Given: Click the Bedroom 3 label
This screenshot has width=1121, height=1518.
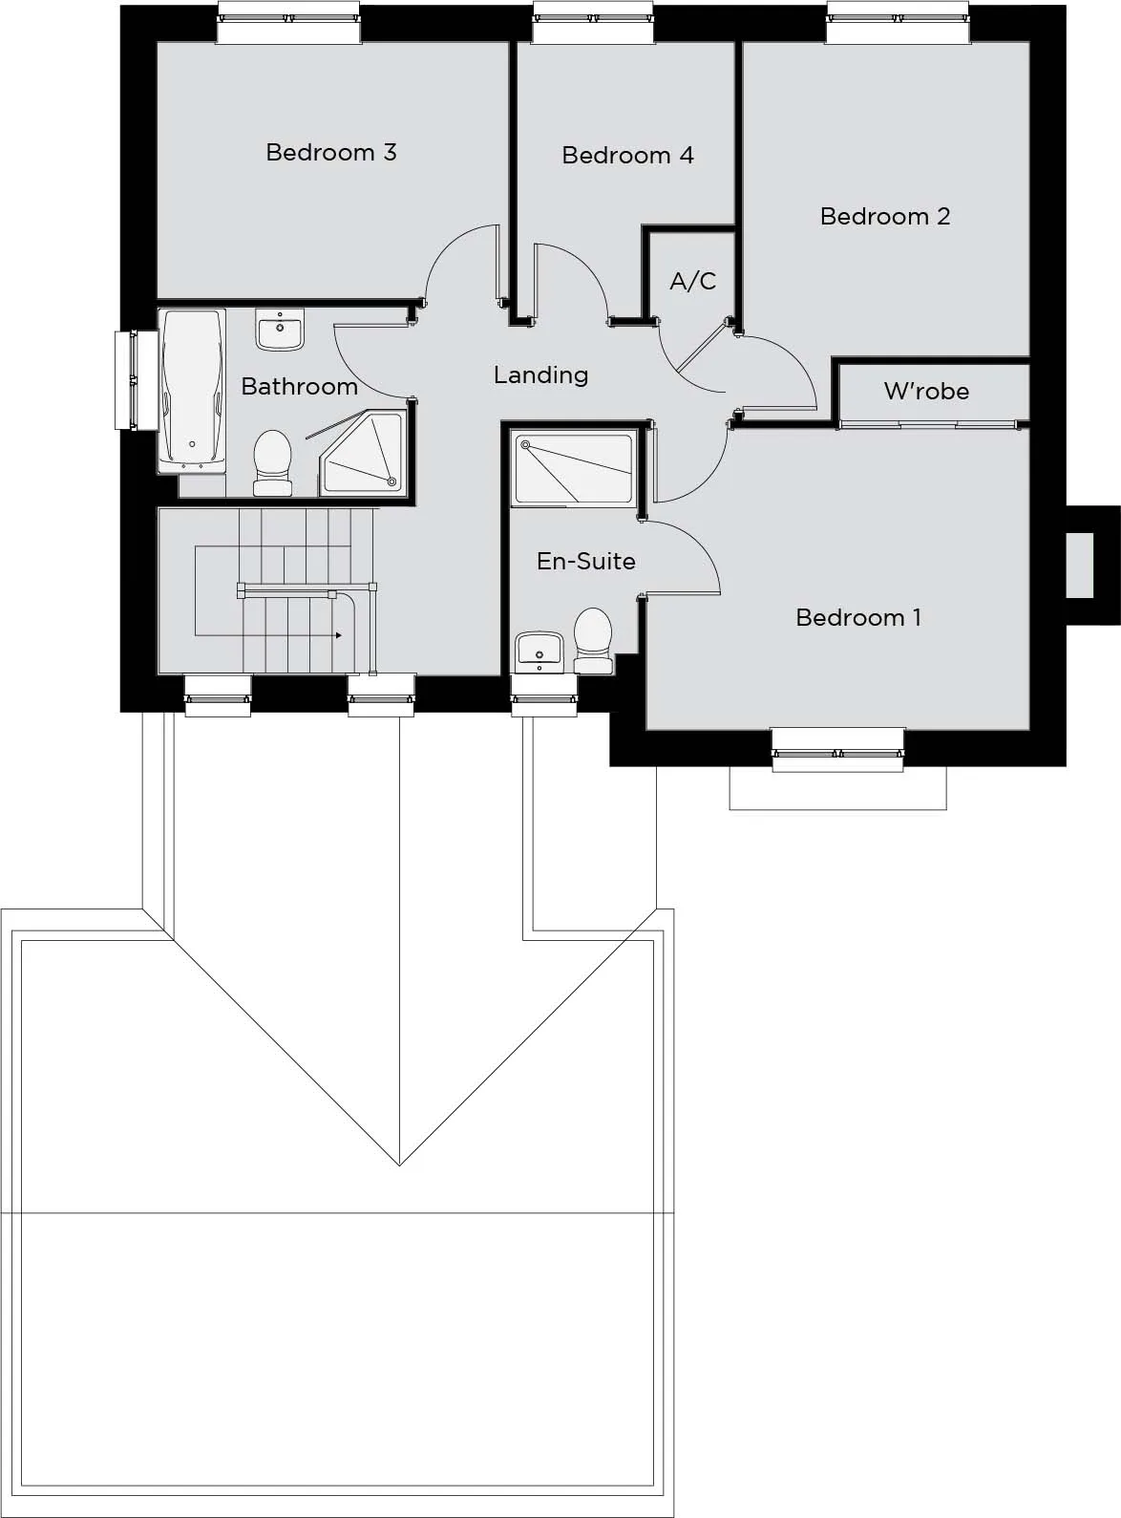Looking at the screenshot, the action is (x=331, y=152).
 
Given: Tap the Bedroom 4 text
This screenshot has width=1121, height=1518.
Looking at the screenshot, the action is (x=627, y=156).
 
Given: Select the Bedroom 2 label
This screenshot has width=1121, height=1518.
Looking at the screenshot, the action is (x=885, y=216).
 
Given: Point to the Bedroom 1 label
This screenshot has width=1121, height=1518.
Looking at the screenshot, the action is (x=858, y=617).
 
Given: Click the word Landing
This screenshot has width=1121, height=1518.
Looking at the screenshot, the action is (x=540, y=375).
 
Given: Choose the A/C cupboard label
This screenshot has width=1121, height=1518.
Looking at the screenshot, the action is (x=692, y=281).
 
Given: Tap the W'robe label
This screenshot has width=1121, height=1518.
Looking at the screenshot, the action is (x=926, y=391).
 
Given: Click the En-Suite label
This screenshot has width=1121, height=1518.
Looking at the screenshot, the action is (x=586, y=561).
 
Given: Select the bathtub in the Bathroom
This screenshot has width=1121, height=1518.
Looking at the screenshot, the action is (x=192, y=391).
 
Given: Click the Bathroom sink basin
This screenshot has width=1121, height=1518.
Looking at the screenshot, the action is (x=280, y=330).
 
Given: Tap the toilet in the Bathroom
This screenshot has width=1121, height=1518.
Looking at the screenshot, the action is (x=272, y=462).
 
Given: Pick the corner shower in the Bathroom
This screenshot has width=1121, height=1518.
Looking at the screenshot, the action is (x=365, y=452).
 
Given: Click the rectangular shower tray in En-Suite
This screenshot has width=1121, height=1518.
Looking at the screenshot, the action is (x=574, y=469).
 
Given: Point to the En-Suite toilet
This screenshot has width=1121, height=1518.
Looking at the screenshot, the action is (x=593, y=641).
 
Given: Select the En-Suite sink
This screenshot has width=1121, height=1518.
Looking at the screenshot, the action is (x=539, y=652).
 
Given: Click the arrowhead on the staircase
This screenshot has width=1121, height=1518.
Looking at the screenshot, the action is (x=339, y=635).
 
